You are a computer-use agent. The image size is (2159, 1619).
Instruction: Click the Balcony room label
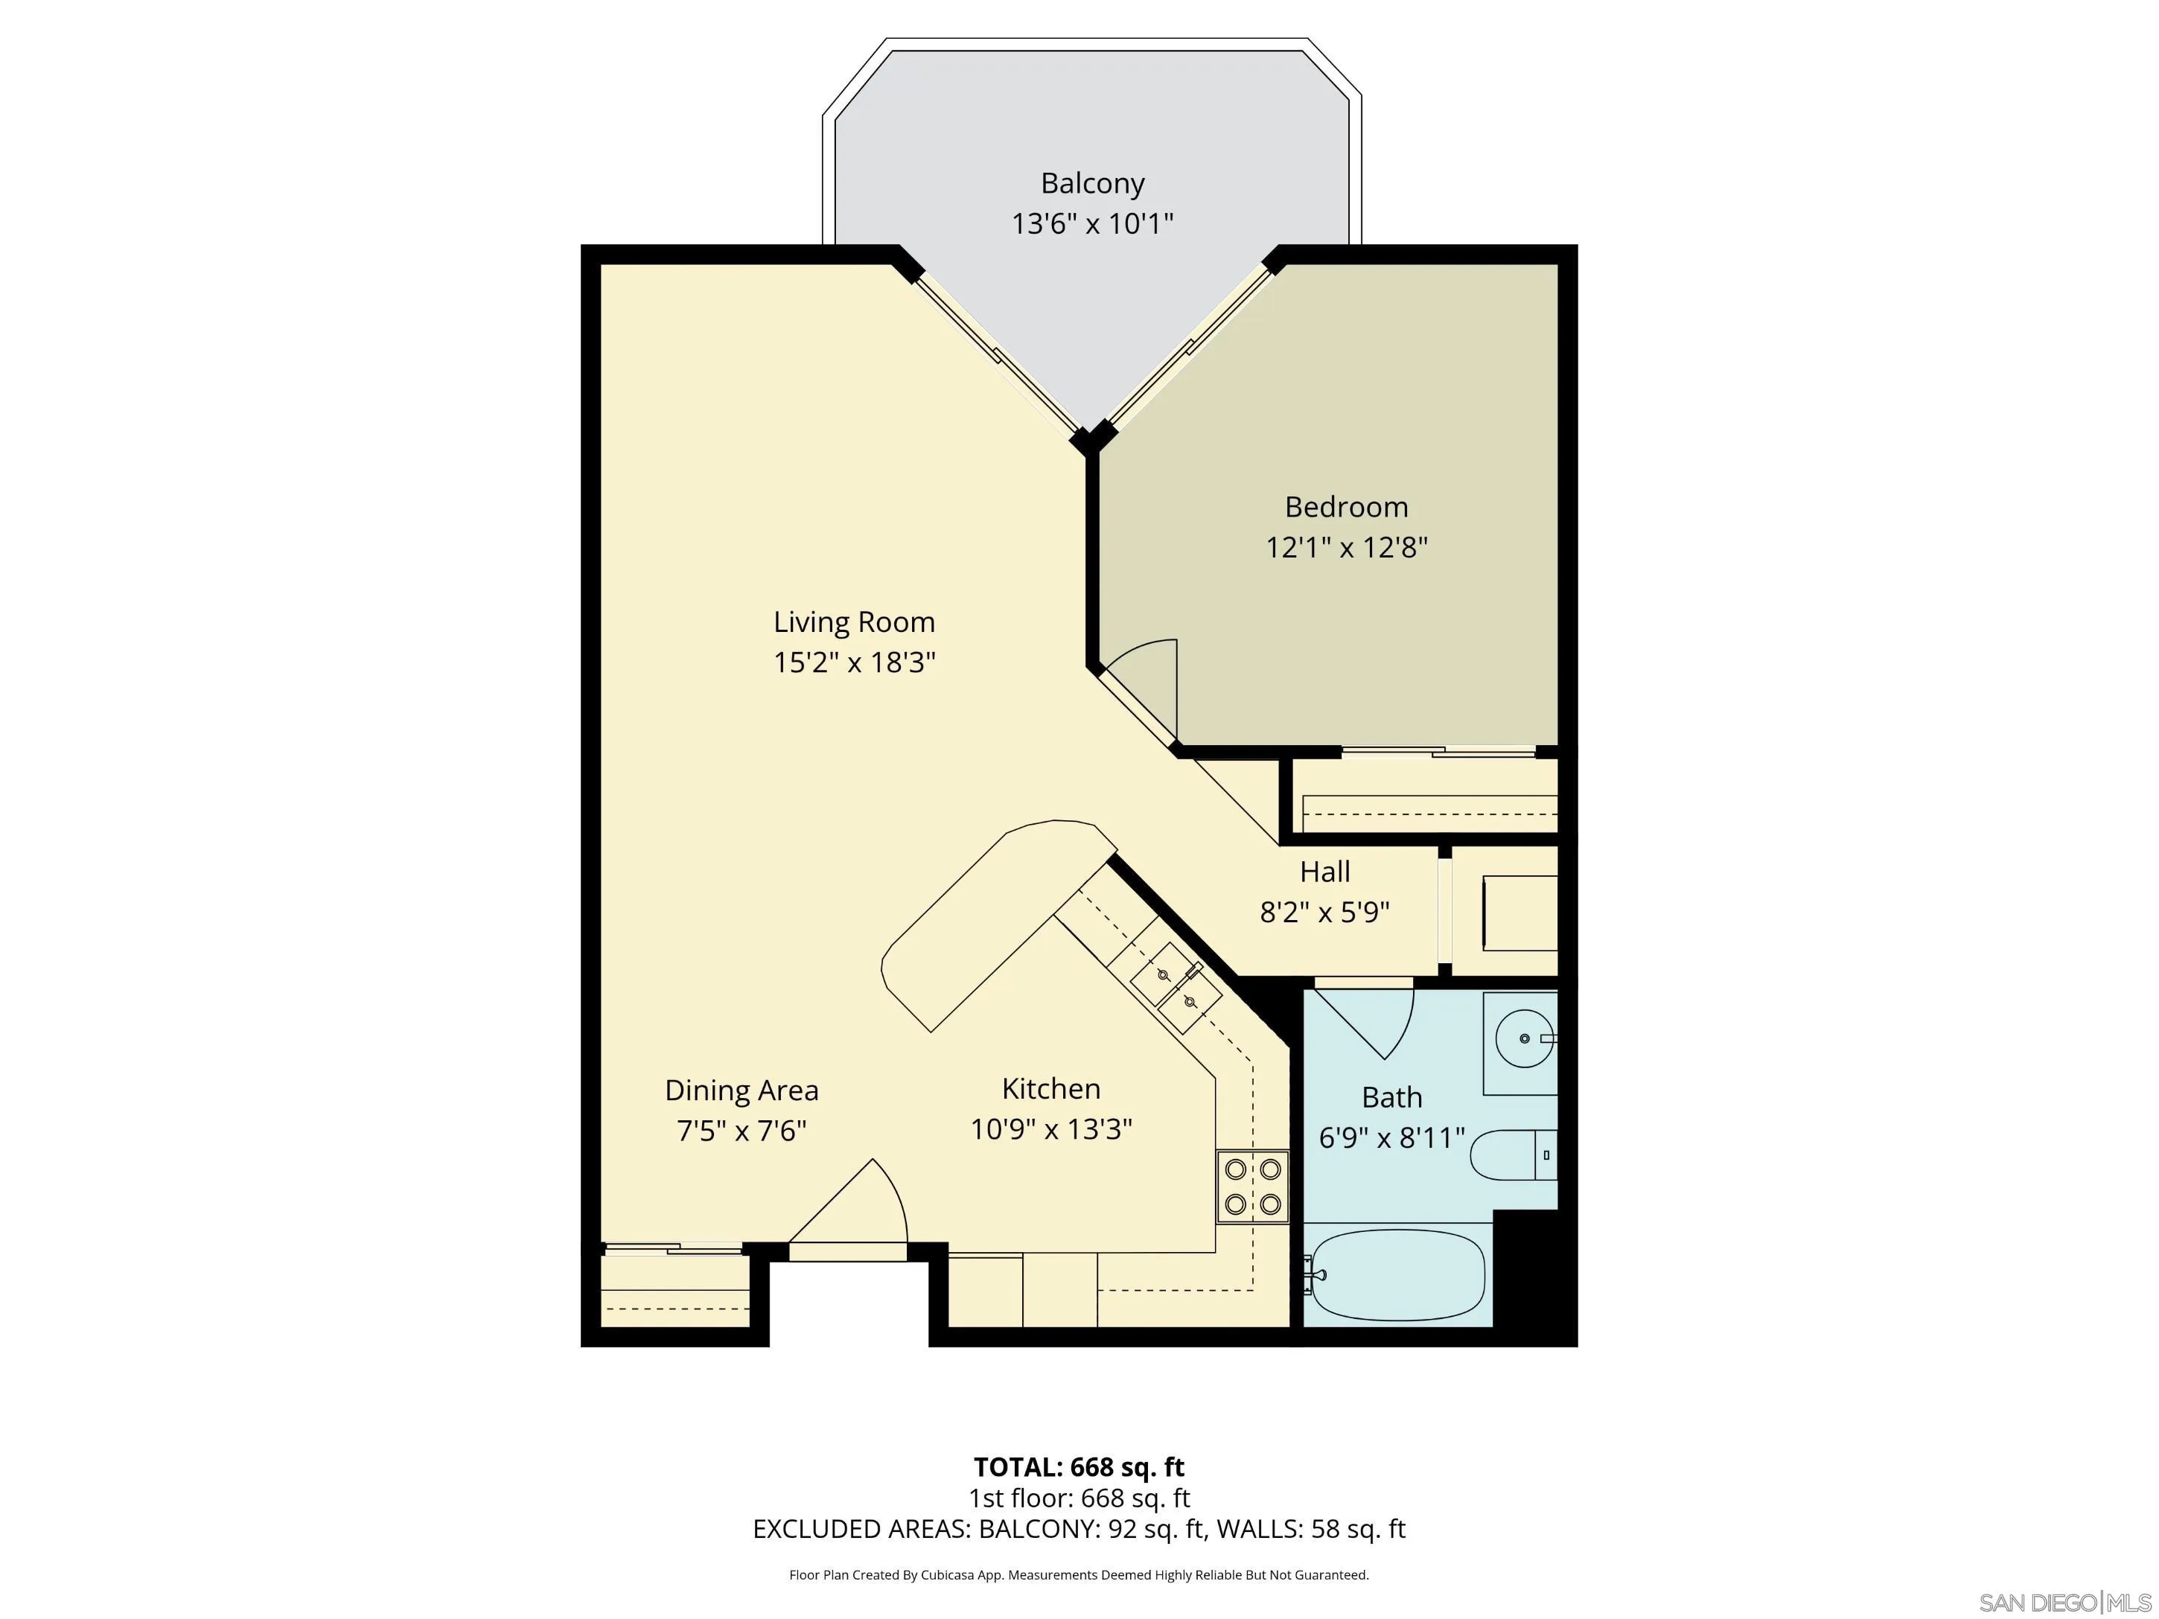[1091, 183]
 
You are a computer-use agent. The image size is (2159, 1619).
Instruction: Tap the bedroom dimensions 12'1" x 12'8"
[1346, 547]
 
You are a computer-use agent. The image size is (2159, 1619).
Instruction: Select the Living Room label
[854, 622]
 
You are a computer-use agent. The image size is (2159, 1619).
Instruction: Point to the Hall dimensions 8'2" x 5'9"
[1324, 913]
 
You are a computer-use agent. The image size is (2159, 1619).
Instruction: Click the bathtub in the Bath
[1397, 1274]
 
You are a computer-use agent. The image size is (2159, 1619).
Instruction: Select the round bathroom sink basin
[1524, 1039]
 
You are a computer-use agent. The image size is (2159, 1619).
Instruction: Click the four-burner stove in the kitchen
[1252, 1187]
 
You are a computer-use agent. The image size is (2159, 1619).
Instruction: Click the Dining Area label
[741, 1090]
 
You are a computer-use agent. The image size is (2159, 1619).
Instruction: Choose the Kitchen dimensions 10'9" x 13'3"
[1050, 1129]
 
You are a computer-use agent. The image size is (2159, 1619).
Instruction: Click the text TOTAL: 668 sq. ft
[1079, 1466]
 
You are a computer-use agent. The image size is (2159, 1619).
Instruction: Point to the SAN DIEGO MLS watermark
[2064, 1603]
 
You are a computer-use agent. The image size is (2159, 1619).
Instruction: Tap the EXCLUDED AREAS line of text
[1079, 1529]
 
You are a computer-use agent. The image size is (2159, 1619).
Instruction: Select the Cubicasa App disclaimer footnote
[1079, 1574]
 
